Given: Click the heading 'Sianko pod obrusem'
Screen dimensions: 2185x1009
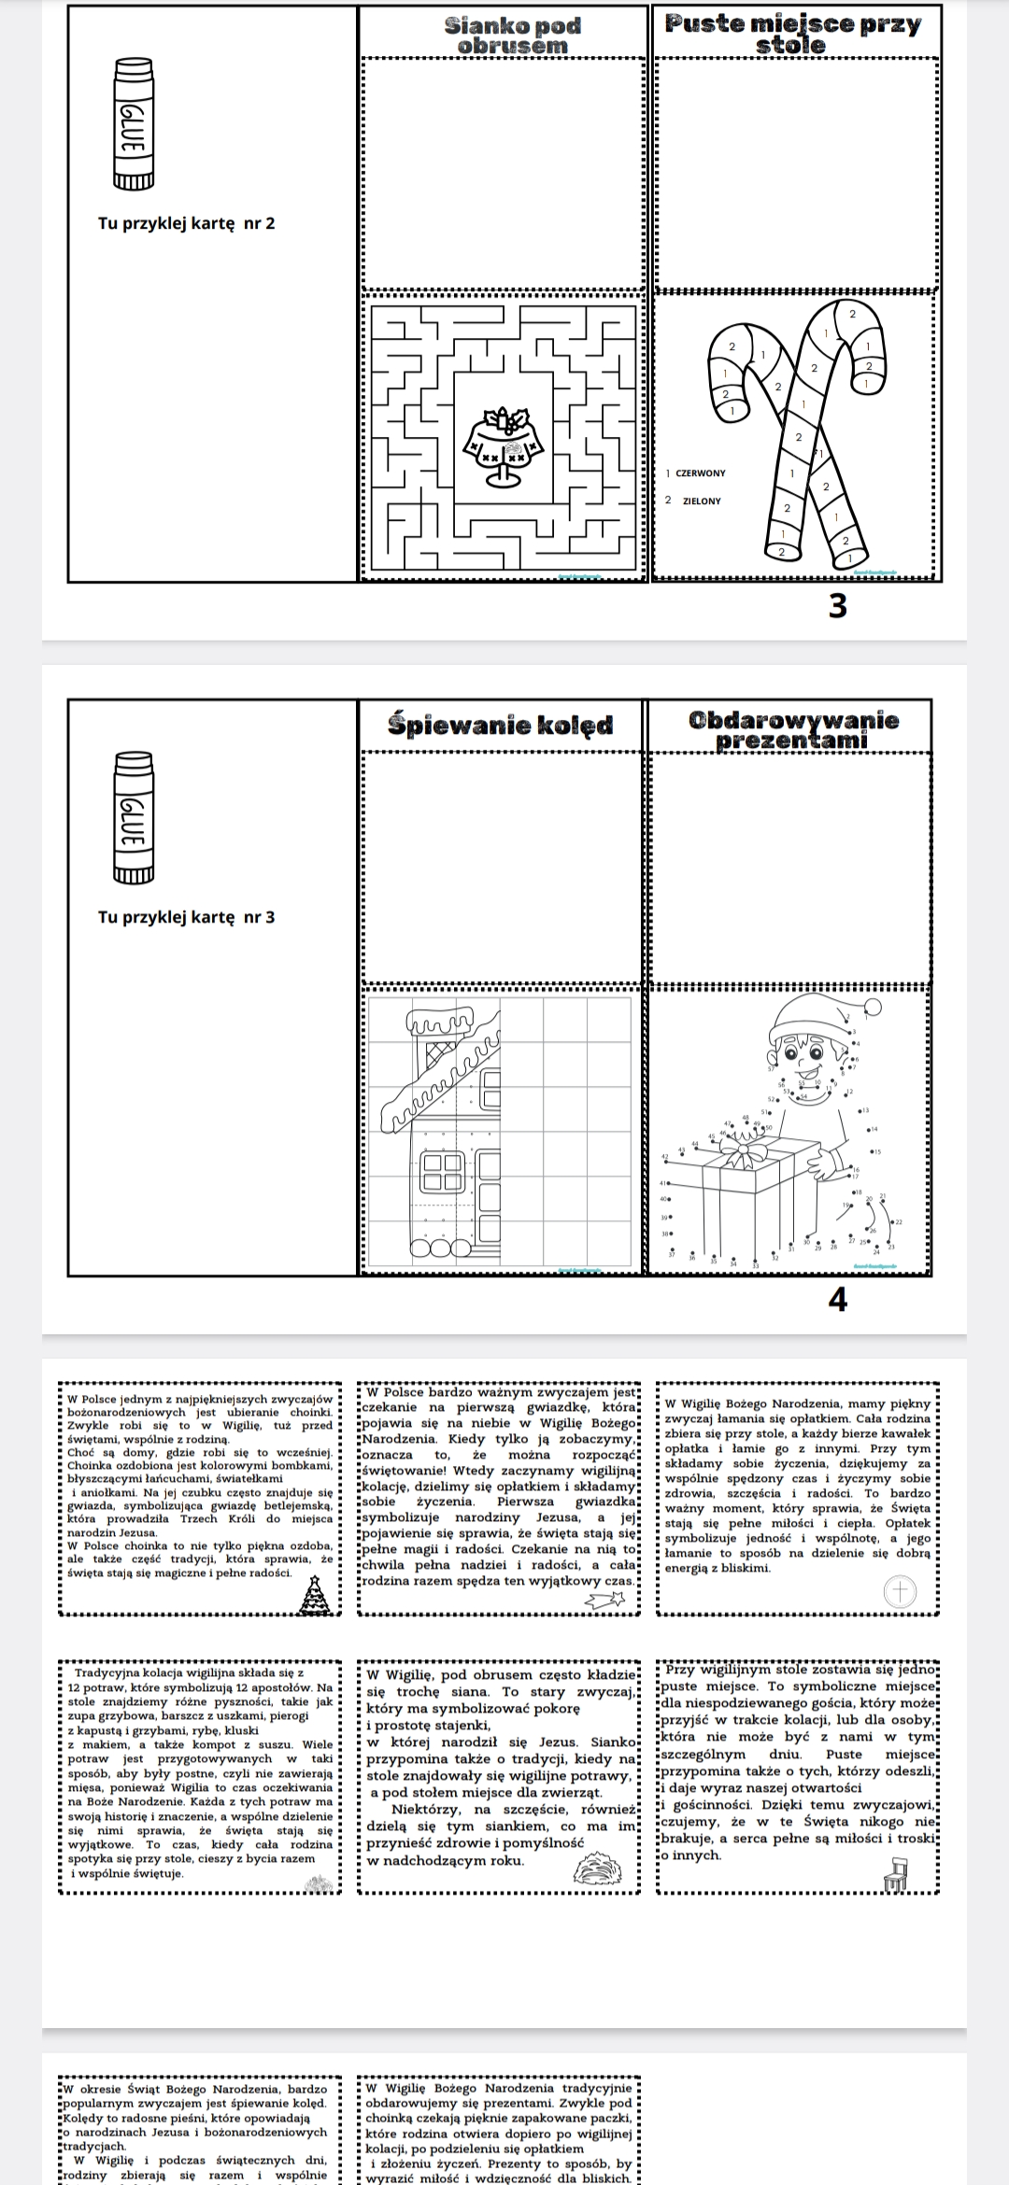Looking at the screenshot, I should tap(512, 35).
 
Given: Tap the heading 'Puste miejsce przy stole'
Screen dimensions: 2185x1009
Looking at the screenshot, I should tap(792, 34).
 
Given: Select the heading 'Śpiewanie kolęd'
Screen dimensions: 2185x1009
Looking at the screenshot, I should tap(501, 726).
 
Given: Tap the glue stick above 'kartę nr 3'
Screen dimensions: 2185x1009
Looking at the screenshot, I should tap(133, 817).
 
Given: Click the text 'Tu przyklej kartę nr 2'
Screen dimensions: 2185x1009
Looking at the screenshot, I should tap(187, 223).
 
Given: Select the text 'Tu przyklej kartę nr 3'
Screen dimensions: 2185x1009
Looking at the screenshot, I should tap(187, 917).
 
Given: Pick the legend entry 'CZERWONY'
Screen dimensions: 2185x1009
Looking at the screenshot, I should tap(700, 473).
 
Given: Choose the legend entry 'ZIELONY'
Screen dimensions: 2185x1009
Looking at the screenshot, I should tap(701, 501).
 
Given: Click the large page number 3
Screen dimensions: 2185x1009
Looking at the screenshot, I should tap(838, 607).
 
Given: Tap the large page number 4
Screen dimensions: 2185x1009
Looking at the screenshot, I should tap(838, 1300).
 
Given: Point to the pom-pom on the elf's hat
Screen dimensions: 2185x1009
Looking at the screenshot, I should tap(873, 1006).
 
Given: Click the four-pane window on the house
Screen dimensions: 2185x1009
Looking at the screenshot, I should tap(443, 1172).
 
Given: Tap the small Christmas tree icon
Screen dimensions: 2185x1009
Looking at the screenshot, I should tap(316, 1595).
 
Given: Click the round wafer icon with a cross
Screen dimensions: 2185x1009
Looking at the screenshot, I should tap(901, 1592).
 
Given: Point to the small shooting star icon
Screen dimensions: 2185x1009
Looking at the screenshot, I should tap(605, 1600).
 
